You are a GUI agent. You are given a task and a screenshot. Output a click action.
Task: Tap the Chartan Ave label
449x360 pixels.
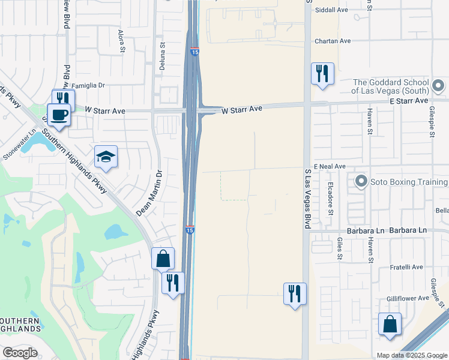[333, 41]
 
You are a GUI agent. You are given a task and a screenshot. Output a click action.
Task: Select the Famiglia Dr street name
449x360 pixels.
[88, 86]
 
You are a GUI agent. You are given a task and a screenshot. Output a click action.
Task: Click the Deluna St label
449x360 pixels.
[161, 52]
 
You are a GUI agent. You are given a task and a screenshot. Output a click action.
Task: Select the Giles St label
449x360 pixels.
[340, 247]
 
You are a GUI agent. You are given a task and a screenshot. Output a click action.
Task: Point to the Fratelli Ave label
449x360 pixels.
[407, 267]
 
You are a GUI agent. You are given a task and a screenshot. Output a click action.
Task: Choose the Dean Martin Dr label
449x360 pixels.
[150, 193]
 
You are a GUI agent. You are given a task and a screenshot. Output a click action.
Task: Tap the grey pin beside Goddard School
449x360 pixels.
[439, 86]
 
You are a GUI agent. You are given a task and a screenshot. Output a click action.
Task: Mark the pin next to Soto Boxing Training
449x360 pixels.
[361, 181]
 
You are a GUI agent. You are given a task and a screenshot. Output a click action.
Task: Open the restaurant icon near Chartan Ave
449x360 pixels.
[322, 74]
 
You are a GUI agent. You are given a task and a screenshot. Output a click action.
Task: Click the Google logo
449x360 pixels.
[20, 353]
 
